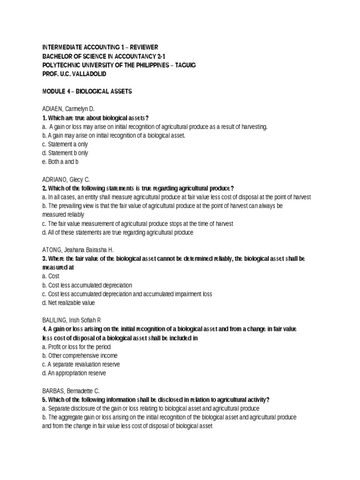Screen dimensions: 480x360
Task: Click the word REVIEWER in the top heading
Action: click(x=143, y=47)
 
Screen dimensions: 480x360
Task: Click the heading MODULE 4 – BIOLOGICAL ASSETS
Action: click(x=87, y=91)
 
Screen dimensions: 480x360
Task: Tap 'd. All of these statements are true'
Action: click(x=117, y=232)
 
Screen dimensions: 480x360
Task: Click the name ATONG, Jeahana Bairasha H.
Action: click(x=78, y=250)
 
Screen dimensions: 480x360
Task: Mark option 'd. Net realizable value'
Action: click(x=68, y=303)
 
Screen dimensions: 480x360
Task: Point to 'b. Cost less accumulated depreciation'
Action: click(x=87, y=285)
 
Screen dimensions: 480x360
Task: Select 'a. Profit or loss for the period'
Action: click(x=76, y=347)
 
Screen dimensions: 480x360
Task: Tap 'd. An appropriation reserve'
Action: click(x=74, y=373)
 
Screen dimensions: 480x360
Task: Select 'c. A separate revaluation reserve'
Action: click(x=81, y=364)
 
